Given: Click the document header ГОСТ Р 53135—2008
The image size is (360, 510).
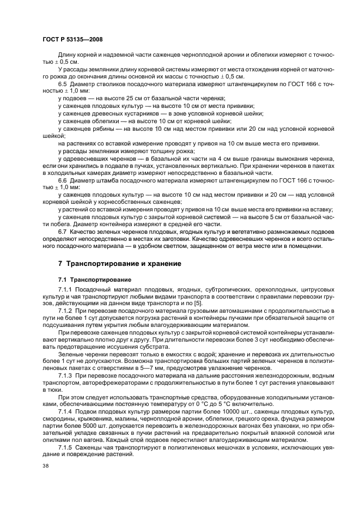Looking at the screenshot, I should tap(72, 40).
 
